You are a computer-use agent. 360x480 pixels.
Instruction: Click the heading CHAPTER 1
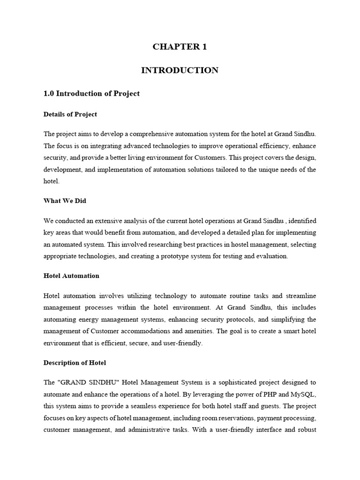180,46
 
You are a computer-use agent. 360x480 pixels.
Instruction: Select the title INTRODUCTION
180,70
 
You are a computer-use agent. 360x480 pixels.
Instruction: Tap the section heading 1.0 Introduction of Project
91,93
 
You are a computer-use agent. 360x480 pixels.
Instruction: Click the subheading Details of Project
70,114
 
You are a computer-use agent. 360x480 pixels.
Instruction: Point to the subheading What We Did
65,200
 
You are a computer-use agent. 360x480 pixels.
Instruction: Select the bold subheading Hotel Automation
71,276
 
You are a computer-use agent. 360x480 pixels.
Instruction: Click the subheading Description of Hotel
75,362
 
